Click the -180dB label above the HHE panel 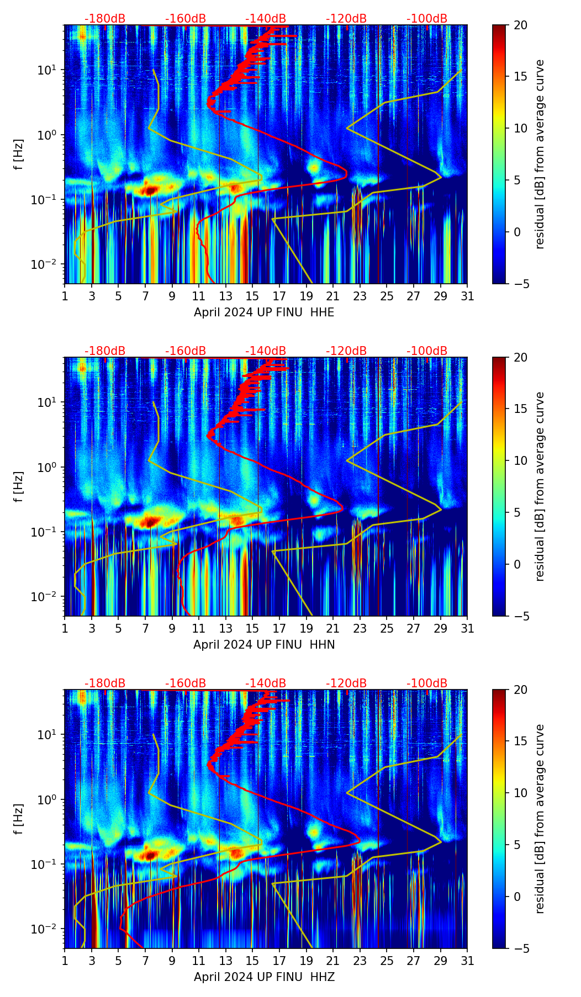coord(105,19)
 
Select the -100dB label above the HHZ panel coord(427,683)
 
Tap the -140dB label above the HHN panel coord(266,351)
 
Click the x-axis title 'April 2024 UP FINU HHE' coord(264,312)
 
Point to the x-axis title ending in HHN coord(264,645)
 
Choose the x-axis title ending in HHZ coord(264,977)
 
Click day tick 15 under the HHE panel coord(252,296)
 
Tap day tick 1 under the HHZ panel coord(65,961)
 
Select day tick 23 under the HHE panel coord(360,296)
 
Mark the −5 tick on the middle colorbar coord(517,616)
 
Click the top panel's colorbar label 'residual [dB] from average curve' coord(540,154)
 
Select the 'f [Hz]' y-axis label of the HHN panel coord(19,486)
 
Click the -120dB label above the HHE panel coord(346,19)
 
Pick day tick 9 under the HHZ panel coord(172,961)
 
